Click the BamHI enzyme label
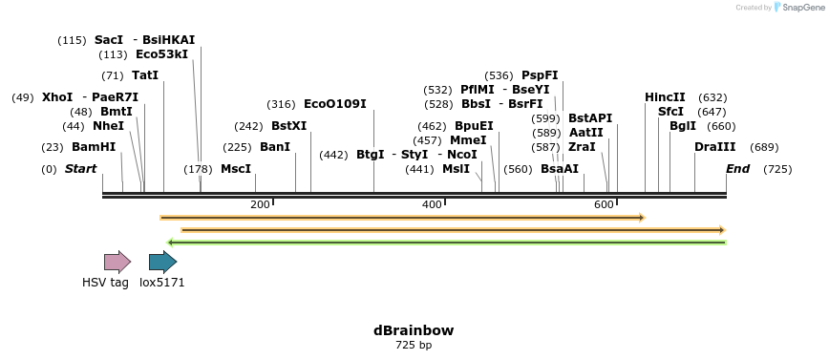(x=94, y=147)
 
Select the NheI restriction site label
(x=108, y=126)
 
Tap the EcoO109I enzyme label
(x=334, y=104)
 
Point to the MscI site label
(x=236, y=169)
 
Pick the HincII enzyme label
(x=665, y=97)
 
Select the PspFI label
(x=540, y=75)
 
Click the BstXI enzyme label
(x=288, y=126)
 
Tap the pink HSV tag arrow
(x=117, y=262)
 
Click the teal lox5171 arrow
(x=162, y=262)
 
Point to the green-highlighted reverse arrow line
(x=446, y=243)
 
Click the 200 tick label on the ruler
(x=260, y=204)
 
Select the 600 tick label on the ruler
(x=604, y=204)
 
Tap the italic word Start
(x=80, y=169)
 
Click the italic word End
(x=737, y=169)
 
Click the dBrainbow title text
(x=414, y=330)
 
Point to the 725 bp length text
(x=414, y=346)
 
